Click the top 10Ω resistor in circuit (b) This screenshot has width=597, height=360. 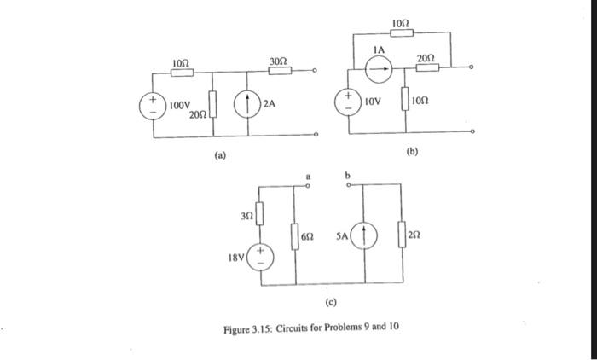(403, 32)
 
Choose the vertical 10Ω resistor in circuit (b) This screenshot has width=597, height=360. (405, 99)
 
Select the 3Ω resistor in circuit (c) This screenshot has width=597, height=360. (261, 211)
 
